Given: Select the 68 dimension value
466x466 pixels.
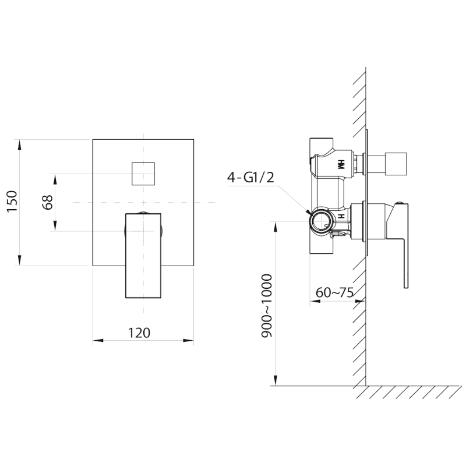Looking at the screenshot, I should tap(48, 202).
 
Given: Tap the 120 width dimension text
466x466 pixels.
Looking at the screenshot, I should tap(139, 333).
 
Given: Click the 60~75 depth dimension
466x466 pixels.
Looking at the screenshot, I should tap(335, 292).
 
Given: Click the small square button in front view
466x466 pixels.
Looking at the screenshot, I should tap(143, 173).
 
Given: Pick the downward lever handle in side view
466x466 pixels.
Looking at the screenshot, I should tap(402, 245).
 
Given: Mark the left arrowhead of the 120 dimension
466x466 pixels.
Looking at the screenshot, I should tap(97, 341).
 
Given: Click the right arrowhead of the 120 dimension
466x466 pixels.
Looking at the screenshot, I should tap(189, 341).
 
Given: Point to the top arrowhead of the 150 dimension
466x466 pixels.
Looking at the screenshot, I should tap(20, 143).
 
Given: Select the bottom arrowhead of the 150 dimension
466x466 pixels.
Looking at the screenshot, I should tap(20, 262).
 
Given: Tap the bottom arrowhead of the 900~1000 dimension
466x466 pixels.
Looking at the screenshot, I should tap(274, 381).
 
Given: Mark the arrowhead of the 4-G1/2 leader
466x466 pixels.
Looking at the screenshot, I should tap(309, 214).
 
